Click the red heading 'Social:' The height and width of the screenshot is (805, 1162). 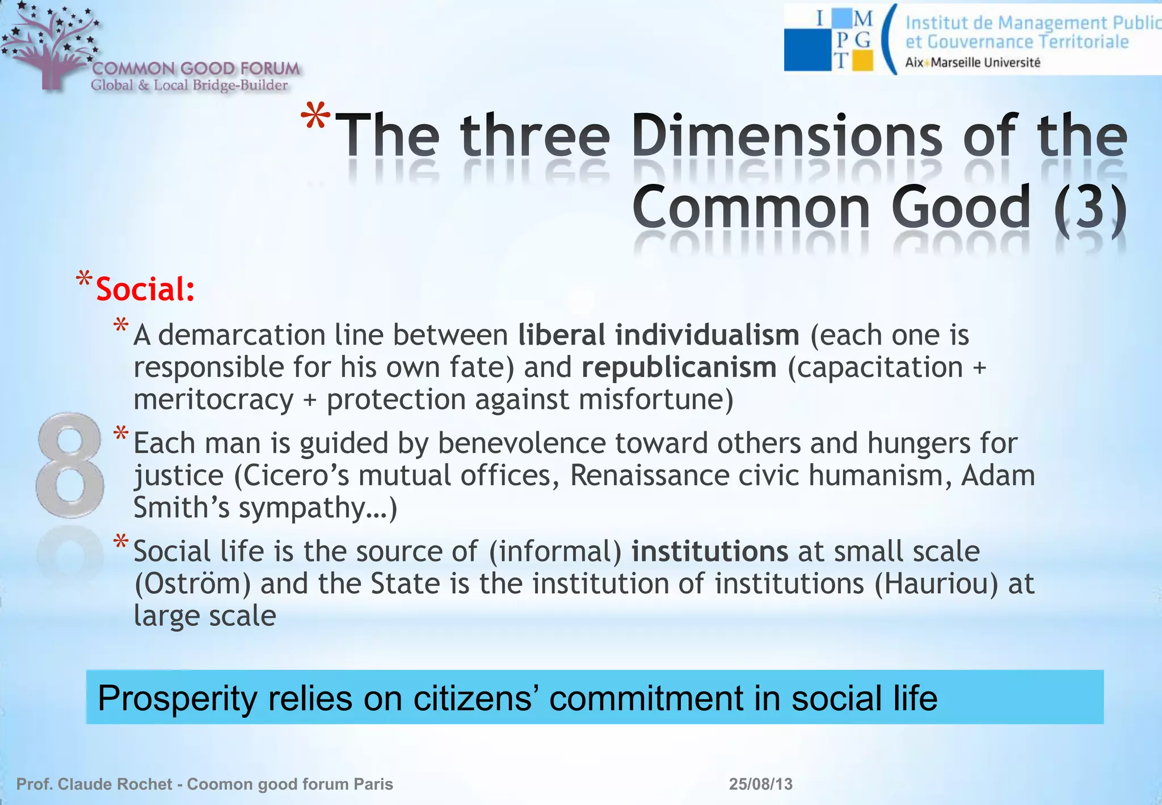145,290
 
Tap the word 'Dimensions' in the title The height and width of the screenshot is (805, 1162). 786,136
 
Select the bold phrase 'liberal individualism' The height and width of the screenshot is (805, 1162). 659,335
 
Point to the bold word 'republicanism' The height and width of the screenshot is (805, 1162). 679,367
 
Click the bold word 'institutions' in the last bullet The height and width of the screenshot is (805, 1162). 710,551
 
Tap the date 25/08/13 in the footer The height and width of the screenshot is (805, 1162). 760,784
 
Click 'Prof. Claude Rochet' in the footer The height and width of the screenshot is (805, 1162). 94,784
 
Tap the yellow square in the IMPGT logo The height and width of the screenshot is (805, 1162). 862,60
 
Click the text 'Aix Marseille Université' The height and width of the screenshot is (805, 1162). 972,62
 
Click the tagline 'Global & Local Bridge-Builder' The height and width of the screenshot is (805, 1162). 190,85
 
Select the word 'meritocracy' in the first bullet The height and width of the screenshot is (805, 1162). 213,400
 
